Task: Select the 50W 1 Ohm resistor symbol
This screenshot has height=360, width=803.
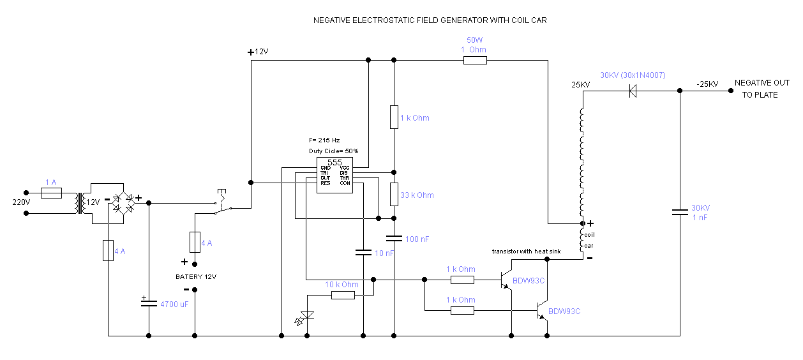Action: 475,61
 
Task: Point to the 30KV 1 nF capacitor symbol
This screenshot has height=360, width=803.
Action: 680,213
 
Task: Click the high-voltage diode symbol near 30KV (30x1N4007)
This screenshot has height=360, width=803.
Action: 633,91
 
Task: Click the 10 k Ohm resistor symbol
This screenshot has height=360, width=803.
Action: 343,295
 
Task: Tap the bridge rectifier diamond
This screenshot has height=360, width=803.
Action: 123,202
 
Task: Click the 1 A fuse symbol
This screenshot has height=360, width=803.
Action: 51,192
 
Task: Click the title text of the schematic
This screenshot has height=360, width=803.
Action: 430,20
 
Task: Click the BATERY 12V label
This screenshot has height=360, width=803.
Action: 196,276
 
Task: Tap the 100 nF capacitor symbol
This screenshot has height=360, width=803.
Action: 394,238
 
